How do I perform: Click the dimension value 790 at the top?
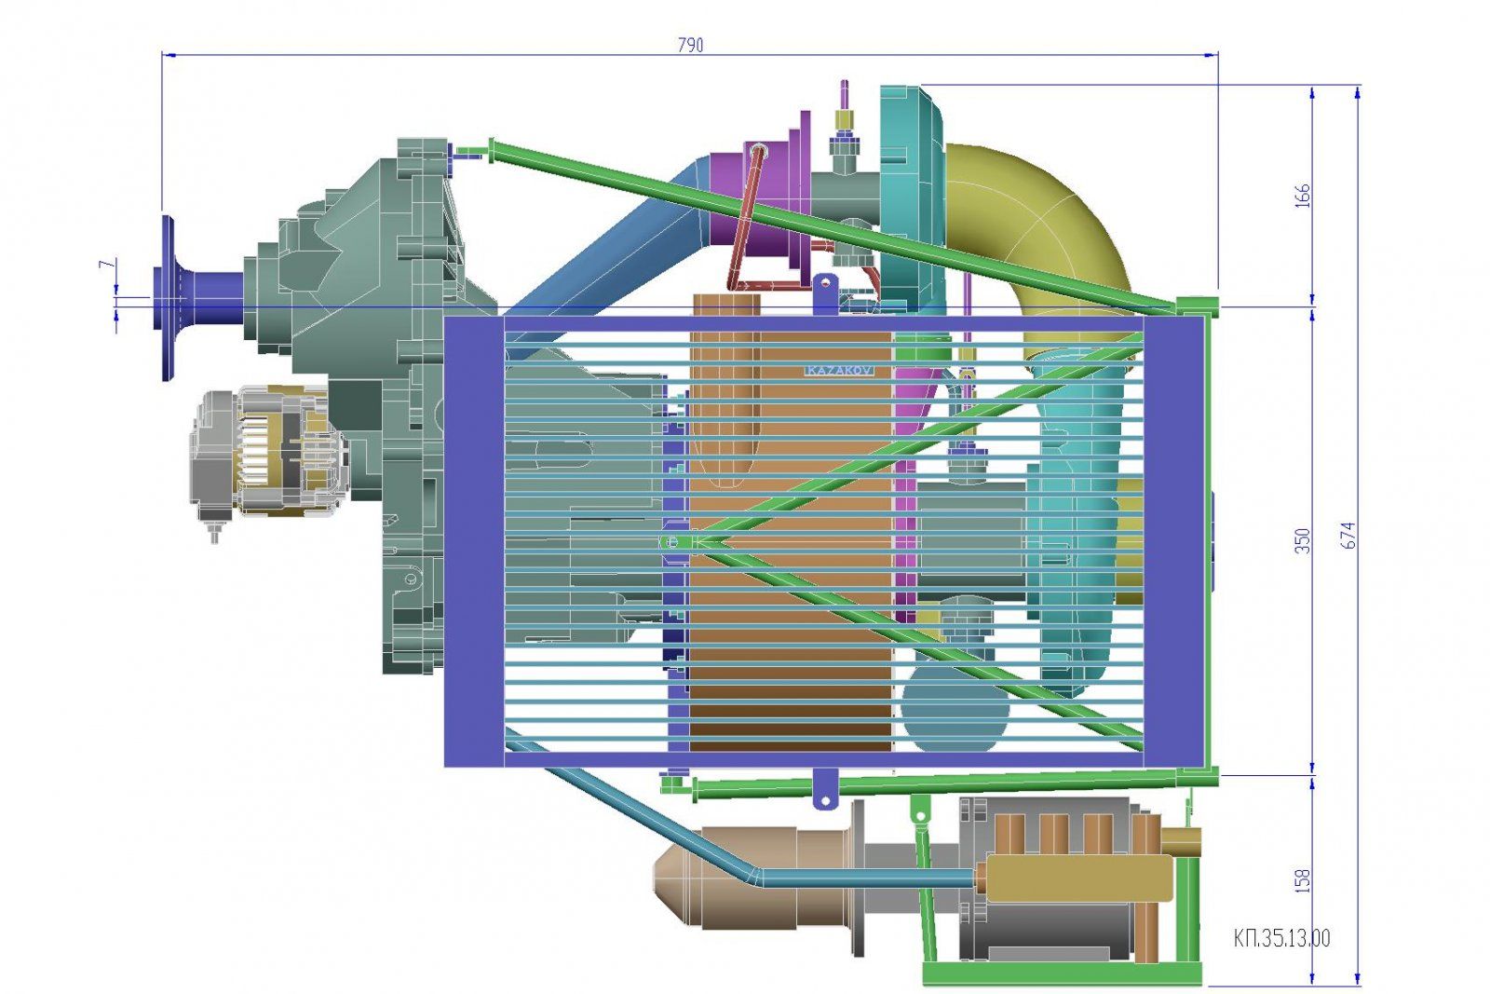click(690, 46)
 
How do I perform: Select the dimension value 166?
click(1303, 196)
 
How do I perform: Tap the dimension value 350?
click(1303, 540)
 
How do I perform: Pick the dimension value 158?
click(1303, 880)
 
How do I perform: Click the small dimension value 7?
click(106, 265)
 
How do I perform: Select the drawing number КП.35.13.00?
click(1281, 938)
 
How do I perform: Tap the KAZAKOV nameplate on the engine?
click(839, 371)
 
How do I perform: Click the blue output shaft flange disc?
click(167, 298)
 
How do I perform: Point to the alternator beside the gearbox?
click(266, 453)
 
